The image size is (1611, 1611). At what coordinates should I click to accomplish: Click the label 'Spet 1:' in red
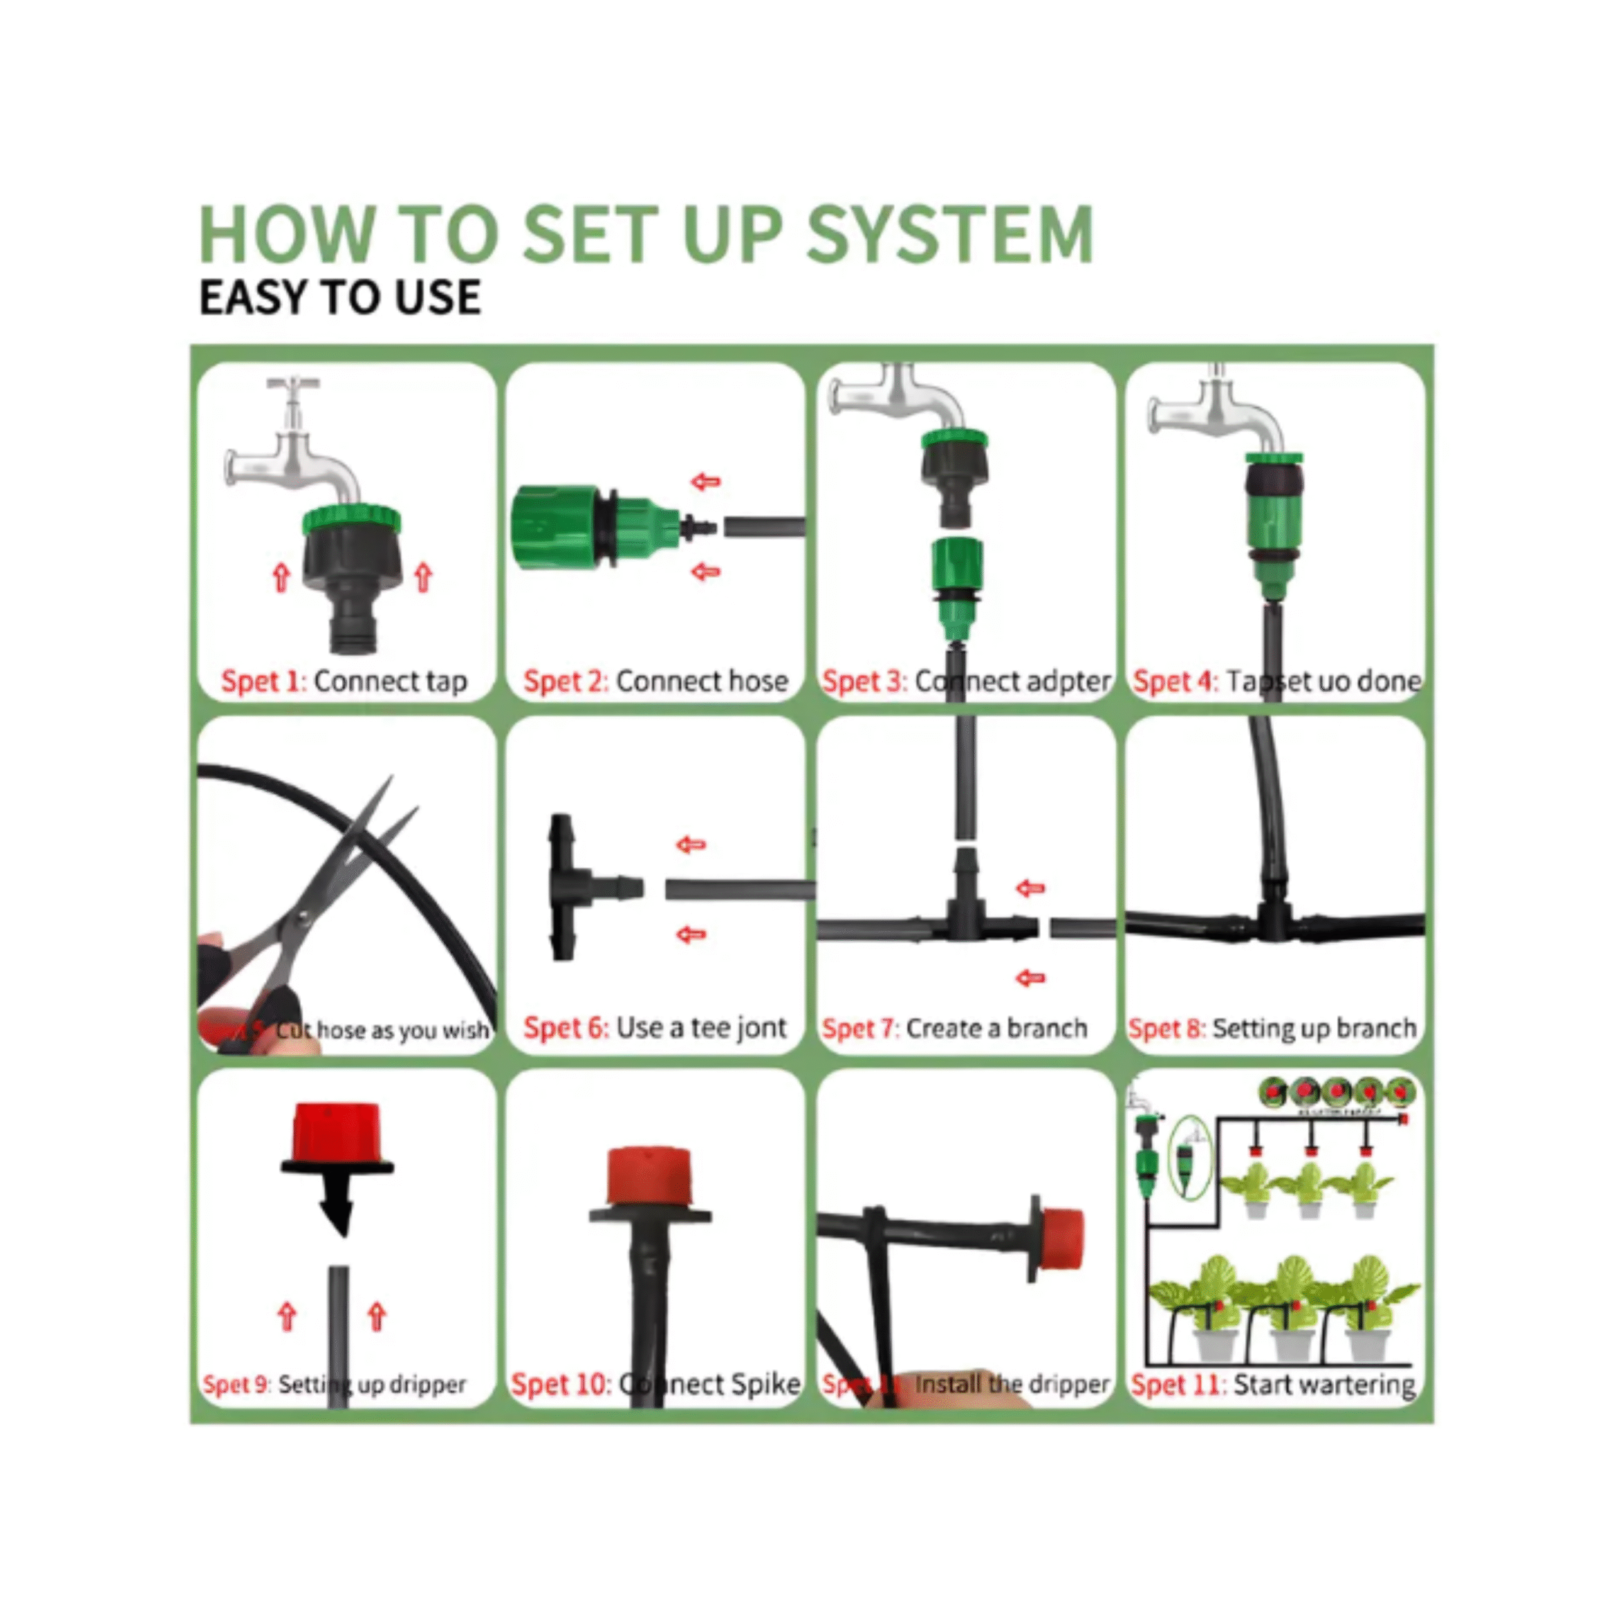click(x=264, y=682)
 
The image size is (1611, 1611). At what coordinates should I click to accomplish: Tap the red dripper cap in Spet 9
click(x=337, y=1129)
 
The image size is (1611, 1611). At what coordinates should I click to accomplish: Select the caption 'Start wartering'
click(x=1324, y=1385)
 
